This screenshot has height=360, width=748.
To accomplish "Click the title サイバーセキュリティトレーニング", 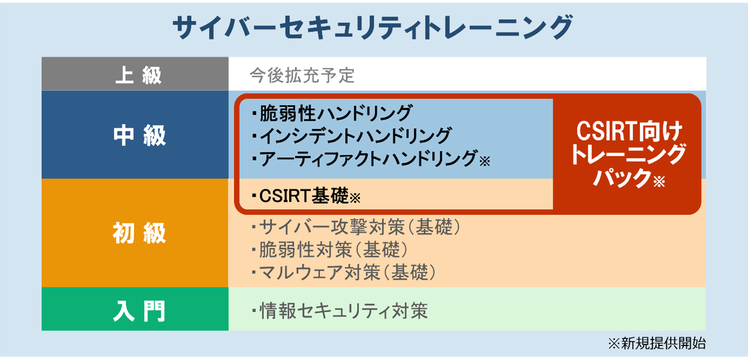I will point(372,29).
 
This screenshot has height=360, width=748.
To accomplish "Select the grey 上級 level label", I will point(139,75).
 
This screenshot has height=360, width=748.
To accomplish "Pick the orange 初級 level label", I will point(139,234).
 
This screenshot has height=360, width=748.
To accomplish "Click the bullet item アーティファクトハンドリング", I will point(367,159).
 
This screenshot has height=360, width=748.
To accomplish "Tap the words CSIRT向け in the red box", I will point(628,131).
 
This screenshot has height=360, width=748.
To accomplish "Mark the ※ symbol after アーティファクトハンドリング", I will point(485,161).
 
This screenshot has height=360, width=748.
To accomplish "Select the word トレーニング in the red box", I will point(628,155).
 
